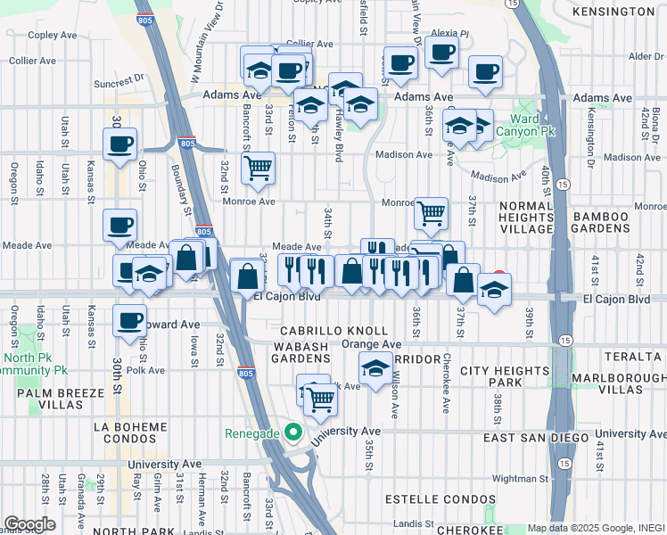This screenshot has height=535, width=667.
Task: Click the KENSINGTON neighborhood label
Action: click(x=613, y=12)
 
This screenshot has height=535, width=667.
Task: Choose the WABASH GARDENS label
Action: click(x=290, y=351)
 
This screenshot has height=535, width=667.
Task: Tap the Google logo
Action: click(x=29, y=523)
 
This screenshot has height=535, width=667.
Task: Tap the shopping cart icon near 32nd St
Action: click(x=258, y=167)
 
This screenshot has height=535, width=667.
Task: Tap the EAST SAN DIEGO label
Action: click(x=536, y=438)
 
